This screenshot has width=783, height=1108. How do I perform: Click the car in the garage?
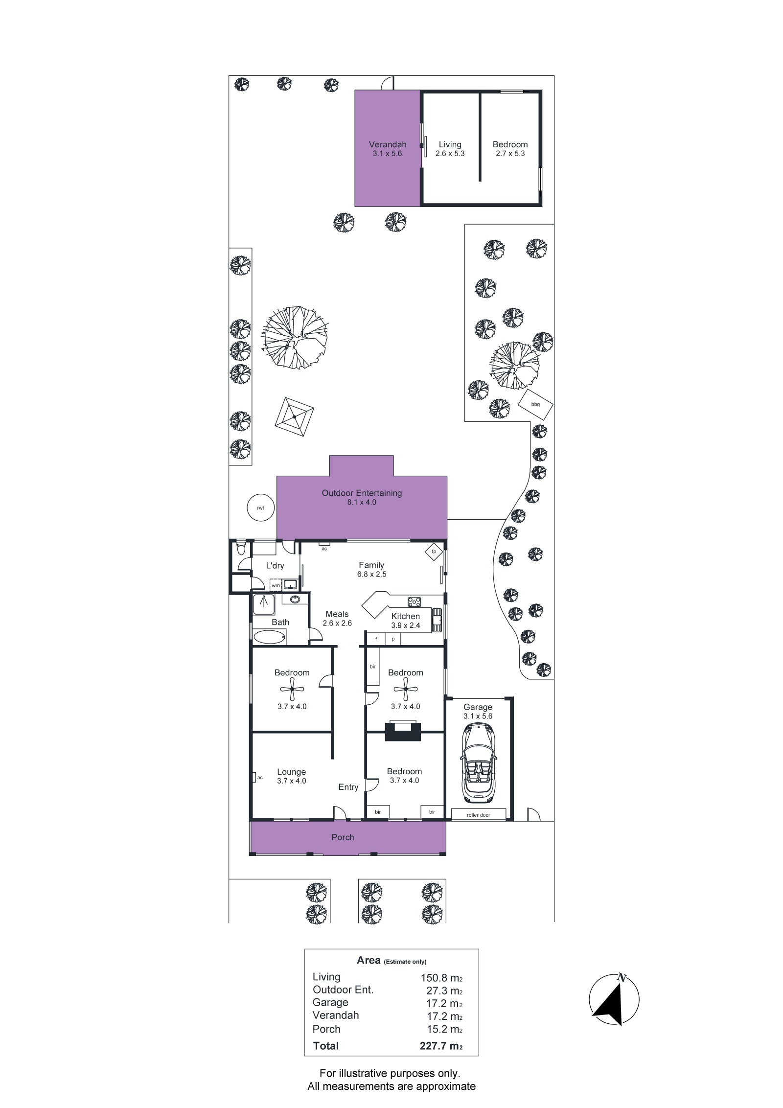(x=478, y=764)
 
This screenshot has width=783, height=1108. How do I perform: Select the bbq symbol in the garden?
(x=535, y=404)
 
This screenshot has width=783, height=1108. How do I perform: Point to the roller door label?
(x=478, y=815)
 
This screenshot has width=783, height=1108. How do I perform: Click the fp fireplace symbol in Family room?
(x=434, y=552)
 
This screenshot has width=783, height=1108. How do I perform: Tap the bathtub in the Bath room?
(x=270, y=637)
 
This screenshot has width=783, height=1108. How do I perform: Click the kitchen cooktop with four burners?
(x=414, y=601)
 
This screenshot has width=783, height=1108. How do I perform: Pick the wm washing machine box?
(x=276, y=585)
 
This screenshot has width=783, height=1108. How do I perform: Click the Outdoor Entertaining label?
(x=362, y=493)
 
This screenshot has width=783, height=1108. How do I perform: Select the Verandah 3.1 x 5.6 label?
(x=388, y=149)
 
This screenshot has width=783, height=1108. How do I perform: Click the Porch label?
(x=343, y=837)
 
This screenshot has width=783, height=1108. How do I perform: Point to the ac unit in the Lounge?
(x=255, y=777)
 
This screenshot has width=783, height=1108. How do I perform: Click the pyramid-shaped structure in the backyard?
(x=294, y=416)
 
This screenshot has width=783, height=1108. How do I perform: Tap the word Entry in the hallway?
(x=348, y=787)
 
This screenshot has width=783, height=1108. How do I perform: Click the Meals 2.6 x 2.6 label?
(x=337, y=618)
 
